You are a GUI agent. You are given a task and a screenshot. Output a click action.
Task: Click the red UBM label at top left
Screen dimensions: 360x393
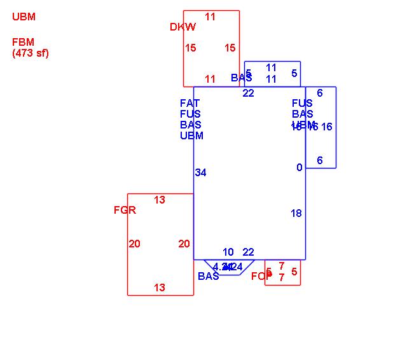coord(24,17)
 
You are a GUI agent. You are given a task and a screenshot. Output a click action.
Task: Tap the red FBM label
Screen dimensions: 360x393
coord(23,43)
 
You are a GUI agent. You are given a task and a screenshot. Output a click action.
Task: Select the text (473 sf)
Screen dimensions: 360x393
coord(30,53)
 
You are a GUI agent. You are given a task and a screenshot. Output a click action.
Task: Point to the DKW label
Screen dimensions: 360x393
coord(183,27)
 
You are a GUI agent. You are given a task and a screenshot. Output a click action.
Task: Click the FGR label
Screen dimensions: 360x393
coord(125,210)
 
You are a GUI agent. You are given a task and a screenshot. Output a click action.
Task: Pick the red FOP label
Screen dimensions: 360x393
coord(261,276)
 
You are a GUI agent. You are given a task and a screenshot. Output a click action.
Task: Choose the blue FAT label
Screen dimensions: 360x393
coord(190,103)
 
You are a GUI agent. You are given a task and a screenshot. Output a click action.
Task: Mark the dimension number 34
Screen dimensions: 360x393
coord(200,172)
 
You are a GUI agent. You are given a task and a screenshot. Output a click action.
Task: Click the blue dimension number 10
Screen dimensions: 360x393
coord(228,252)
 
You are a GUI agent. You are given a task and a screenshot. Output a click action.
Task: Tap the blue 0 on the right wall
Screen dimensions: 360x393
coord(299,167)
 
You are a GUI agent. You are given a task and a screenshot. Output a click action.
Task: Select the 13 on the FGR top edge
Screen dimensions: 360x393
coord(159,200)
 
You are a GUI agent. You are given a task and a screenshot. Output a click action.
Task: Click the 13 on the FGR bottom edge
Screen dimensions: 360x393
coord(159,287)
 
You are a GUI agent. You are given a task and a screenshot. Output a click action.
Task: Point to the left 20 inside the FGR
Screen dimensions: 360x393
coord(134,244)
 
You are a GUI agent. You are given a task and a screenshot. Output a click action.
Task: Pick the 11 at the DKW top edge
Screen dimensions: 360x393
coord(210,17)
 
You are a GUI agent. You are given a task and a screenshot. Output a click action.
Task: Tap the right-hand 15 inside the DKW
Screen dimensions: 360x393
coord(230,48)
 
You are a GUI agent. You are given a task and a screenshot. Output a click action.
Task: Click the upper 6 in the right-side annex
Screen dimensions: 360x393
coord(319,93)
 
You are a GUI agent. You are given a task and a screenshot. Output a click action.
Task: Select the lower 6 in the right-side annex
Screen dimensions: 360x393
coord(319,160)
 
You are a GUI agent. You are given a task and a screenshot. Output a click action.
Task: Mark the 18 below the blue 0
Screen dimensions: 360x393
coord(296,213)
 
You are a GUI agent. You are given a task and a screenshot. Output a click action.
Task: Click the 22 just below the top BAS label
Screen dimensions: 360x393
coord(248,93)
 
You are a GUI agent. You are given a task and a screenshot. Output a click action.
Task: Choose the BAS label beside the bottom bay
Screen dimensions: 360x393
coord(208,276)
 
